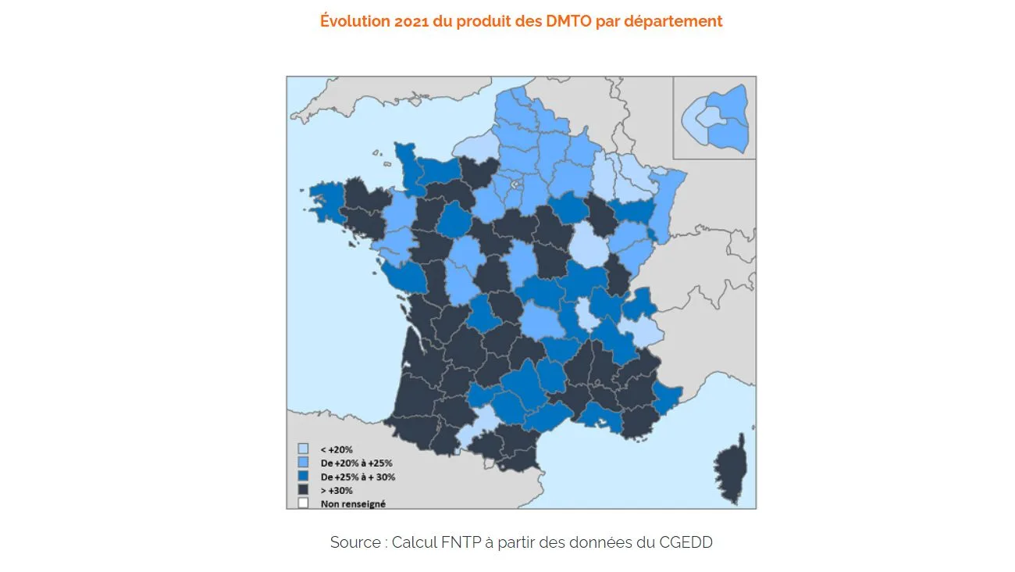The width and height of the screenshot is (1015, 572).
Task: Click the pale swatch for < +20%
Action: [303, 449]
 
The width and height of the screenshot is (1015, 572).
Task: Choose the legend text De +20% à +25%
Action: [356, 463]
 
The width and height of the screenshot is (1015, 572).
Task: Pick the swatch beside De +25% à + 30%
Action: [303, 476]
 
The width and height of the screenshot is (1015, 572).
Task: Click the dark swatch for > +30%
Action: [303, 490]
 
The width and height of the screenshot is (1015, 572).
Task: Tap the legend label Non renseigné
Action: [352, 504]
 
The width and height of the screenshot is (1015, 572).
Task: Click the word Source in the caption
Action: [356, 542]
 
